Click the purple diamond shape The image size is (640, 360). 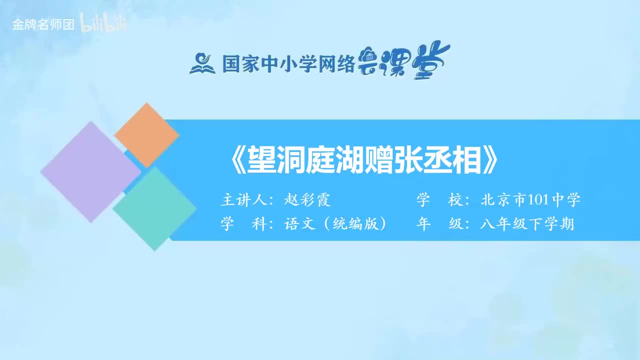90,171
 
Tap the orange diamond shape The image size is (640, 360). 146,135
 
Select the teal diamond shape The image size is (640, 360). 154,208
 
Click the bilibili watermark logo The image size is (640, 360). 103,24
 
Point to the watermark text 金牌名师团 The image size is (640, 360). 43,24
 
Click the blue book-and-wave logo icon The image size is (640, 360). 202,63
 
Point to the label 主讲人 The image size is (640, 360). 242,200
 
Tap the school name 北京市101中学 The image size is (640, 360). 530,200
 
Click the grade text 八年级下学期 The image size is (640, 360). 527,224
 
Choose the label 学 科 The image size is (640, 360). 243,224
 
